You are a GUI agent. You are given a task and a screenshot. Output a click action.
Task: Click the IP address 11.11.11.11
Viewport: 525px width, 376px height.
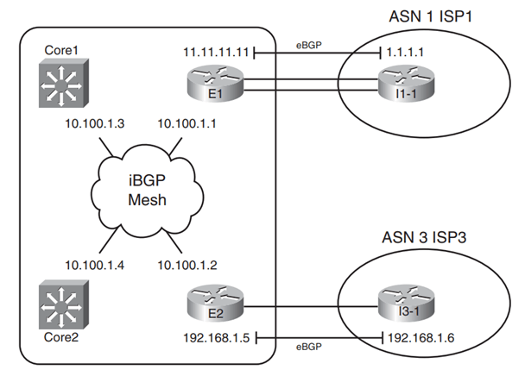216,52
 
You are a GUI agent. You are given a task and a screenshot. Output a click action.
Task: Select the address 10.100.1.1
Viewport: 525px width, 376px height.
187,124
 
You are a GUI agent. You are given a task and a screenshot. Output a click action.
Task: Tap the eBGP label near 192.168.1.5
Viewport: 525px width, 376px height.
309,348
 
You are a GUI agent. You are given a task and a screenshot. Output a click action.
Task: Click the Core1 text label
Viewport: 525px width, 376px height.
58,51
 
